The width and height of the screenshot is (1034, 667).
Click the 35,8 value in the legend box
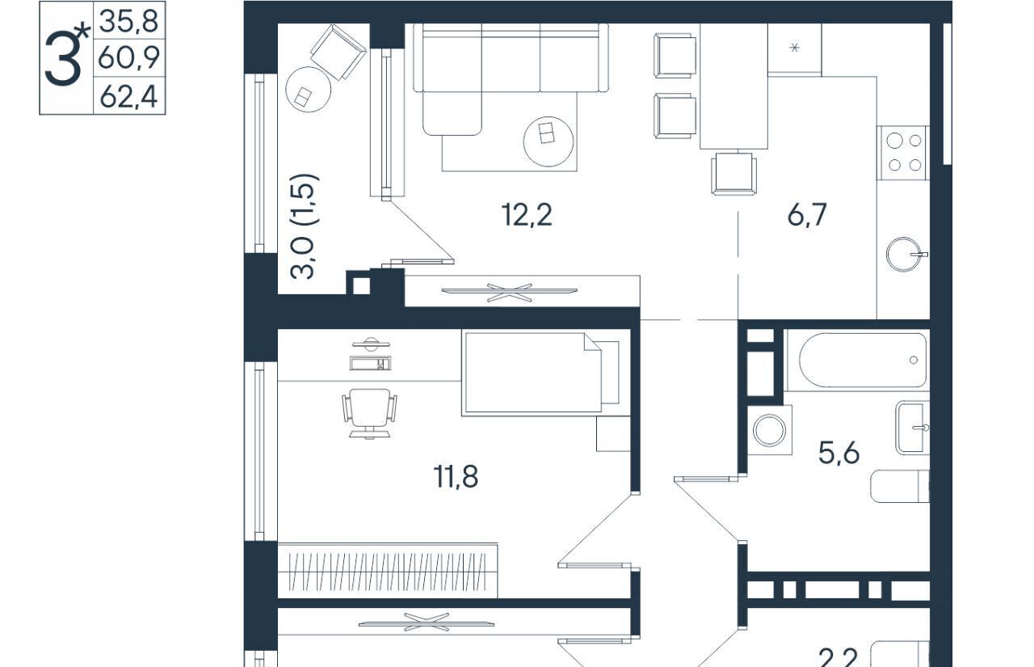pos(128,21)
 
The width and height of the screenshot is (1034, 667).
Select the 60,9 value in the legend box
pos(128,57)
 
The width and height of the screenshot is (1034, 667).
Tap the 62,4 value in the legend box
pos(128,97)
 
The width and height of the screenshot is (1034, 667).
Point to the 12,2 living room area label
pos(527,215)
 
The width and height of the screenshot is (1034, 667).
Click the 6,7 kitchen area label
pos(806,215)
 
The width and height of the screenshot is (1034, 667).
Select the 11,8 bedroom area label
pos(456,477)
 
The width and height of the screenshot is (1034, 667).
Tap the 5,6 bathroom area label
pos(839,453)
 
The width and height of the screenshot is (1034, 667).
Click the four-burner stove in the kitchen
pos(904,153)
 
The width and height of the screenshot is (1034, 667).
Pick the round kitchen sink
pos(904,255)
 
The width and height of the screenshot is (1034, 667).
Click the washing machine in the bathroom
pos(769,430)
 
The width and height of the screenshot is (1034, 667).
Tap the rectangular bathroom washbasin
pos(913,428)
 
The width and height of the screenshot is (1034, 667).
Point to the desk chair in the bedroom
pos(369,412)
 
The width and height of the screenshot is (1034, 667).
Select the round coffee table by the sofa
pos(549,141)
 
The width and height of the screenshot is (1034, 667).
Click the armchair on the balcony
pos(338,53)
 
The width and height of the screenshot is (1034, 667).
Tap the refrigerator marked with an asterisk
pos(794,48)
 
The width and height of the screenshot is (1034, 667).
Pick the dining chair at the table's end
pos(734,173)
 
